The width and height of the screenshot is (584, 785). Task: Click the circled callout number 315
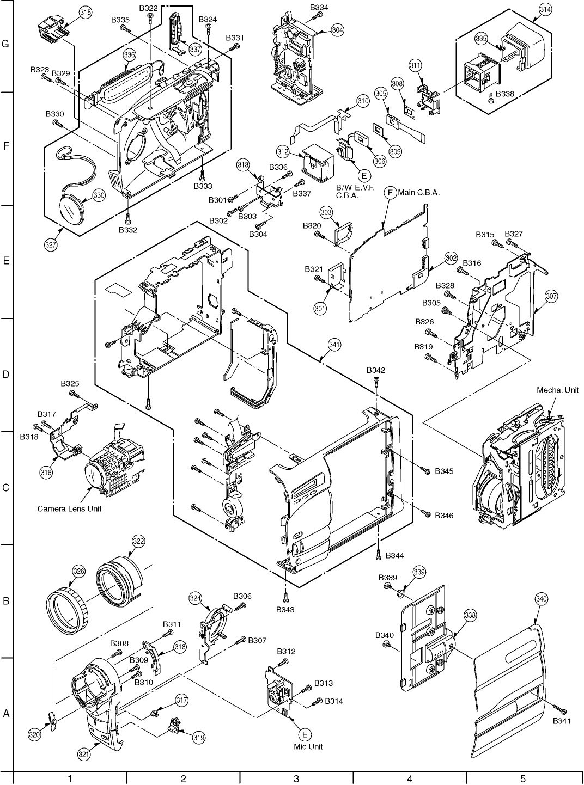[86, 13]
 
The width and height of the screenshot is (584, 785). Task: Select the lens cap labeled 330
[72, 210]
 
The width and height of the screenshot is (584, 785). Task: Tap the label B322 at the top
[148, 8]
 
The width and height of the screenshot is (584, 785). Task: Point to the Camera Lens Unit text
[69, 508]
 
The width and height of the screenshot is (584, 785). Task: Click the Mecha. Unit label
[557, 390]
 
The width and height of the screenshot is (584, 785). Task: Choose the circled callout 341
[334, 345]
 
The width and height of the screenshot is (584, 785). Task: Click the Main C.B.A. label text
[418, 193]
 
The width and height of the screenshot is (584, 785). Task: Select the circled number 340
[542, 599]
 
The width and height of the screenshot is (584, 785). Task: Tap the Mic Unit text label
[308, 746]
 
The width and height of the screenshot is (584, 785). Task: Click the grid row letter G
[5, 44]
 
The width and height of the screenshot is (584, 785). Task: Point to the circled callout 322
[138, 541]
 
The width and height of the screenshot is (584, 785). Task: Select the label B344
[395, 555]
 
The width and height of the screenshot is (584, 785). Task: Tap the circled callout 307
[551, 296]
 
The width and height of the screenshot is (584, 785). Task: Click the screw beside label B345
[425, 470]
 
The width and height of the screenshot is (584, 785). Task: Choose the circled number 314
[545, 10]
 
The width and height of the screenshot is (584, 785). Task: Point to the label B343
[285, 610]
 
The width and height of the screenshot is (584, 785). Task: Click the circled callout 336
[130, 55]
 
